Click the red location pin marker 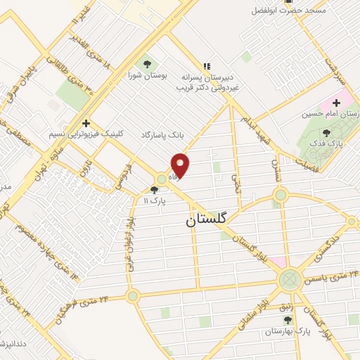point(181,164)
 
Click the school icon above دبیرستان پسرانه point(207,63)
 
